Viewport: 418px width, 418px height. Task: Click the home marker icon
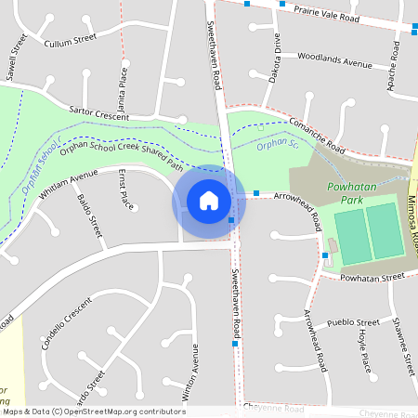pos(209,200)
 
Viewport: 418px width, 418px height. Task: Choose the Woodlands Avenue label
pos(334,61)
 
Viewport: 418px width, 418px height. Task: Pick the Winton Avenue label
pos(195,370)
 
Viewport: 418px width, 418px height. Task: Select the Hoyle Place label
pos(365,350)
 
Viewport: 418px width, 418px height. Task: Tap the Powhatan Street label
pos(372,277)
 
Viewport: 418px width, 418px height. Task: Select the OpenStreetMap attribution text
pos(94,411)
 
